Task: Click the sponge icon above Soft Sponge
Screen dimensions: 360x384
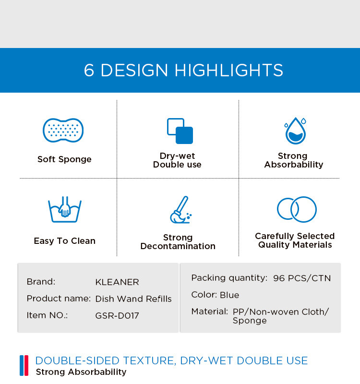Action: coord(63,130)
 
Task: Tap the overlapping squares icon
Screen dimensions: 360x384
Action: coord(180,131)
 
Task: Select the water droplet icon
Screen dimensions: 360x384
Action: coord(295,131)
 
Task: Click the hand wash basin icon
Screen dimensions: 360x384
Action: coord(65,209)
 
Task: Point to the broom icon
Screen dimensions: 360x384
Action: coord(181,210)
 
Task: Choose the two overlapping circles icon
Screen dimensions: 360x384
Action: coord(297,209)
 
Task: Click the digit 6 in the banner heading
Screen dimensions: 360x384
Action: coord(89,70)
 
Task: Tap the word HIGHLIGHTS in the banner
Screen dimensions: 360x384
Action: coord(229,70)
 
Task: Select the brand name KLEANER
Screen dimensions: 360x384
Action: coord(117,282)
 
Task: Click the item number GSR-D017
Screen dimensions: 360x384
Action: coord(117,316)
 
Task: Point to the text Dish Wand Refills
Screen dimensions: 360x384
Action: coord(133,299)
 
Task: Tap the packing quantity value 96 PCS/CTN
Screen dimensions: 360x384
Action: coord(302,278)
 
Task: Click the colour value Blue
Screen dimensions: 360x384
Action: coord(229,295)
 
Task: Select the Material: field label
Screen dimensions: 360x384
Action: coord(210,312)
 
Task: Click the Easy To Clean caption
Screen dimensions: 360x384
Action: coord(65,241)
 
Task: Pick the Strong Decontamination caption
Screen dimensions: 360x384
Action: coord(178,242)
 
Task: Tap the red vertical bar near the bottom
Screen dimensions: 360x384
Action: coord(26,365)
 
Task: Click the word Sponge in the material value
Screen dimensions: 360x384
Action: coord(250,321)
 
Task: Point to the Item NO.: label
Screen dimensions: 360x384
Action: coord(47,315)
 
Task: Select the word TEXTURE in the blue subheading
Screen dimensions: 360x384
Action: coord(150,361)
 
